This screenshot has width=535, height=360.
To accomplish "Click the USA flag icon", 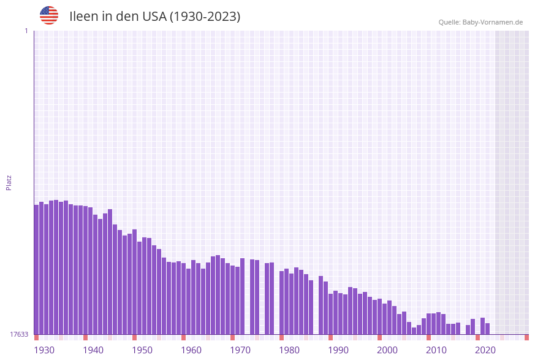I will [x=49, y=15].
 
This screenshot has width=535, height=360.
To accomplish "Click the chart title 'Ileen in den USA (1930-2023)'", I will [x=154, y=17].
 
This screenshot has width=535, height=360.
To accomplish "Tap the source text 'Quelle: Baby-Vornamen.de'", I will [x=480, y=22].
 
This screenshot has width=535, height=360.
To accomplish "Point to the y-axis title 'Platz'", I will [x=9, y=182].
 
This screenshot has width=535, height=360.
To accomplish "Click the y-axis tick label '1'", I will [x=26, y=31].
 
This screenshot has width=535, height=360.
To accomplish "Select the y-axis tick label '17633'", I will [x=19, y=334].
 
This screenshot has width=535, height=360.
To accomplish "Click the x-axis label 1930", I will [x=44, y=350].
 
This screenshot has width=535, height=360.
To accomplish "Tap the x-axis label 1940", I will [x=93, y=350].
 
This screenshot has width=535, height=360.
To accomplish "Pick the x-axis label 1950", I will [x=142, y=350].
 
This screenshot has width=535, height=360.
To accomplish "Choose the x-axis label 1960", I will [x=191, y=350].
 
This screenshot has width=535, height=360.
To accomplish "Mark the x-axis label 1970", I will [x=240, y=350].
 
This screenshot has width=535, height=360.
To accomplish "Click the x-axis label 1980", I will [x=289, y=350].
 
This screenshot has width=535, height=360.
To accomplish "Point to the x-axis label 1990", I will [x=338, y=350].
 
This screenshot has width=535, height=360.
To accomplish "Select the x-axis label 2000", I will [x=387, y=350].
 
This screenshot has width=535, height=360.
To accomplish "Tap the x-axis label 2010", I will [x=436, y=350].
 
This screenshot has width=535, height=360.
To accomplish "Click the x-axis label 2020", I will [x=485, y=350].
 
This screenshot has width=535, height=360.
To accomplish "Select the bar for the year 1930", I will [x=36, y=270].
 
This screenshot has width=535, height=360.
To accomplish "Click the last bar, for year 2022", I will [x=487, y=329].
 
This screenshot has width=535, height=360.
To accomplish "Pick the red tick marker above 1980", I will [x=281, y=337].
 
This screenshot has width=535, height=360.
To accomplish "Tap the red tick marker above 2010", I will [x=428, y=337].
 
